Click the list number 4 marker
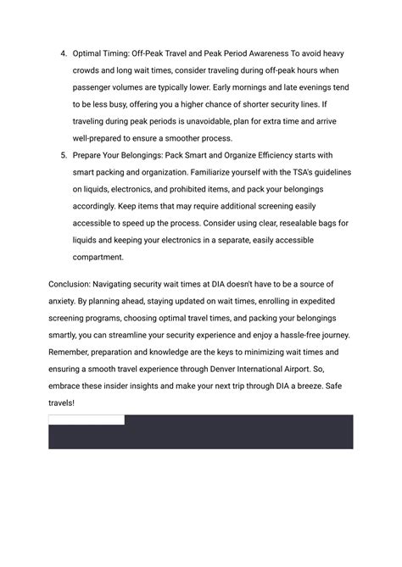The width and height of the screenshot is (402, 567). point(63,54)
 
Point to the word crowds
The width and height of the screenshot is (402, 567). point(89,71)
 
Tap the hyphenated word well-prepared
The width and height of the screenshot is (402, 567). point(103,138)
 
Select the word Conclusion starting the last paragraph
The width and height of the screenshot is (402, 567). point(72,284)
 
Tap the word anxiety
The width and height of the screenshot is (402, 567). point(65,301)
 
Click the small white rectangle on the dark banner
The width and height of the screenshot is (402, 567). point(87,420)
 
